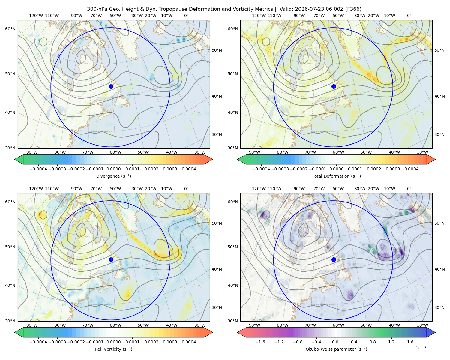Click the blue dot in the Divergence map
pos(111,87)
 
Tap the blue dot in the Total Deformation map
pos(334,87)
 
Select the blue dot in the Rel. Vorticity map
pos(111,259)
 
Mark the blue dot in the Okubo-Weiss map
pos(334,259)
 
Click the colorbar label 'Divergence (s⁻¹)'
pos(113,176)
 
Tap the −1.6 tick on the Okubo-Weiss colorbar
pos(260,342)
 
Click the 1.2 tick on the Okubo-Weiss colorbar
pos(391,342)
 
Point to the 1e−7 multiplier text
pos(421,348)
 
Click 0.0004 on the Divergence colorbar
pos(189,169)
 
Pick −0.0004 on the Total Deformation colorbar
pos(261,169)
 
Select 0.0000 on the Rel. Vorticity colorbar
pos(113,342)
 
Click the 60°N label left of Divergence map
pos(10,29)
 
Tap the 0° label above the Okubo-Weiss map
pos(409,189)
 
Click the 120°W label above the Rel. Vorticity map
pos(36,189)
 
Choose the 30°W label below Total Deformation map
pos(422,152)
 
